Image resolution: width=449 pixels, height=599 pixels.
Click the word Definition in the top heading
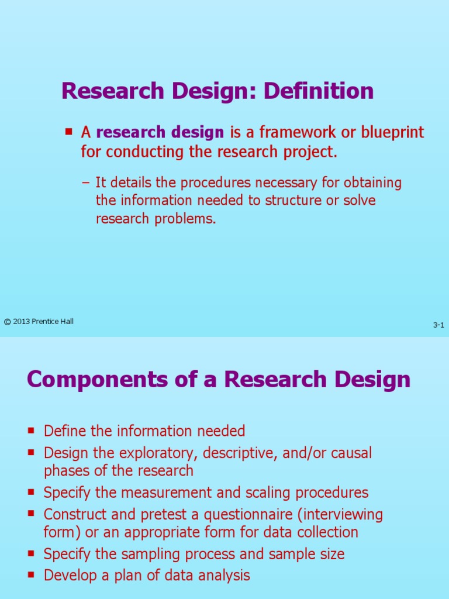pos(319,91)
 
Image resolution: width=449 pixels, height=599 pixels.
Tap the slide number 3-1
pos(438,325)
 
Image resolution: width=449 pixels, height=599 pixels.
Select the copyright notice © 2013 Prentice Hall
pos(39,321)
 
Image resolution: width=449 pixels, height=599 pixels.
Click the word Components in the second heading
pos(95,380)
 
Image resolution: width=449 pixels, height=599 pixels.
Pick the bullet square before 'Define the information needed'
pos(31,431)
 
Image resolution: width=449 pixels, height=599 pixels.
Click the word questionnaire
pos(240,515)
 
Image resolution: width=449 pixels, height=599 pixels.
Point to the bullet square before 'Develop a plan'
pos(31,576)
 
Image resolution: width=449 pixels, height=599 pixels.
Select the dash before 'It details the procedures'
pos(86,183)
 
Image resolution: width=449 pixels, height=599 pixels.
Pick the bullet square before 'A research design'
pos(68,132)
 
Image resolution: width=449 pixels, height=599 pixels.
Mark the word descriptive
pos(237,453)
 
